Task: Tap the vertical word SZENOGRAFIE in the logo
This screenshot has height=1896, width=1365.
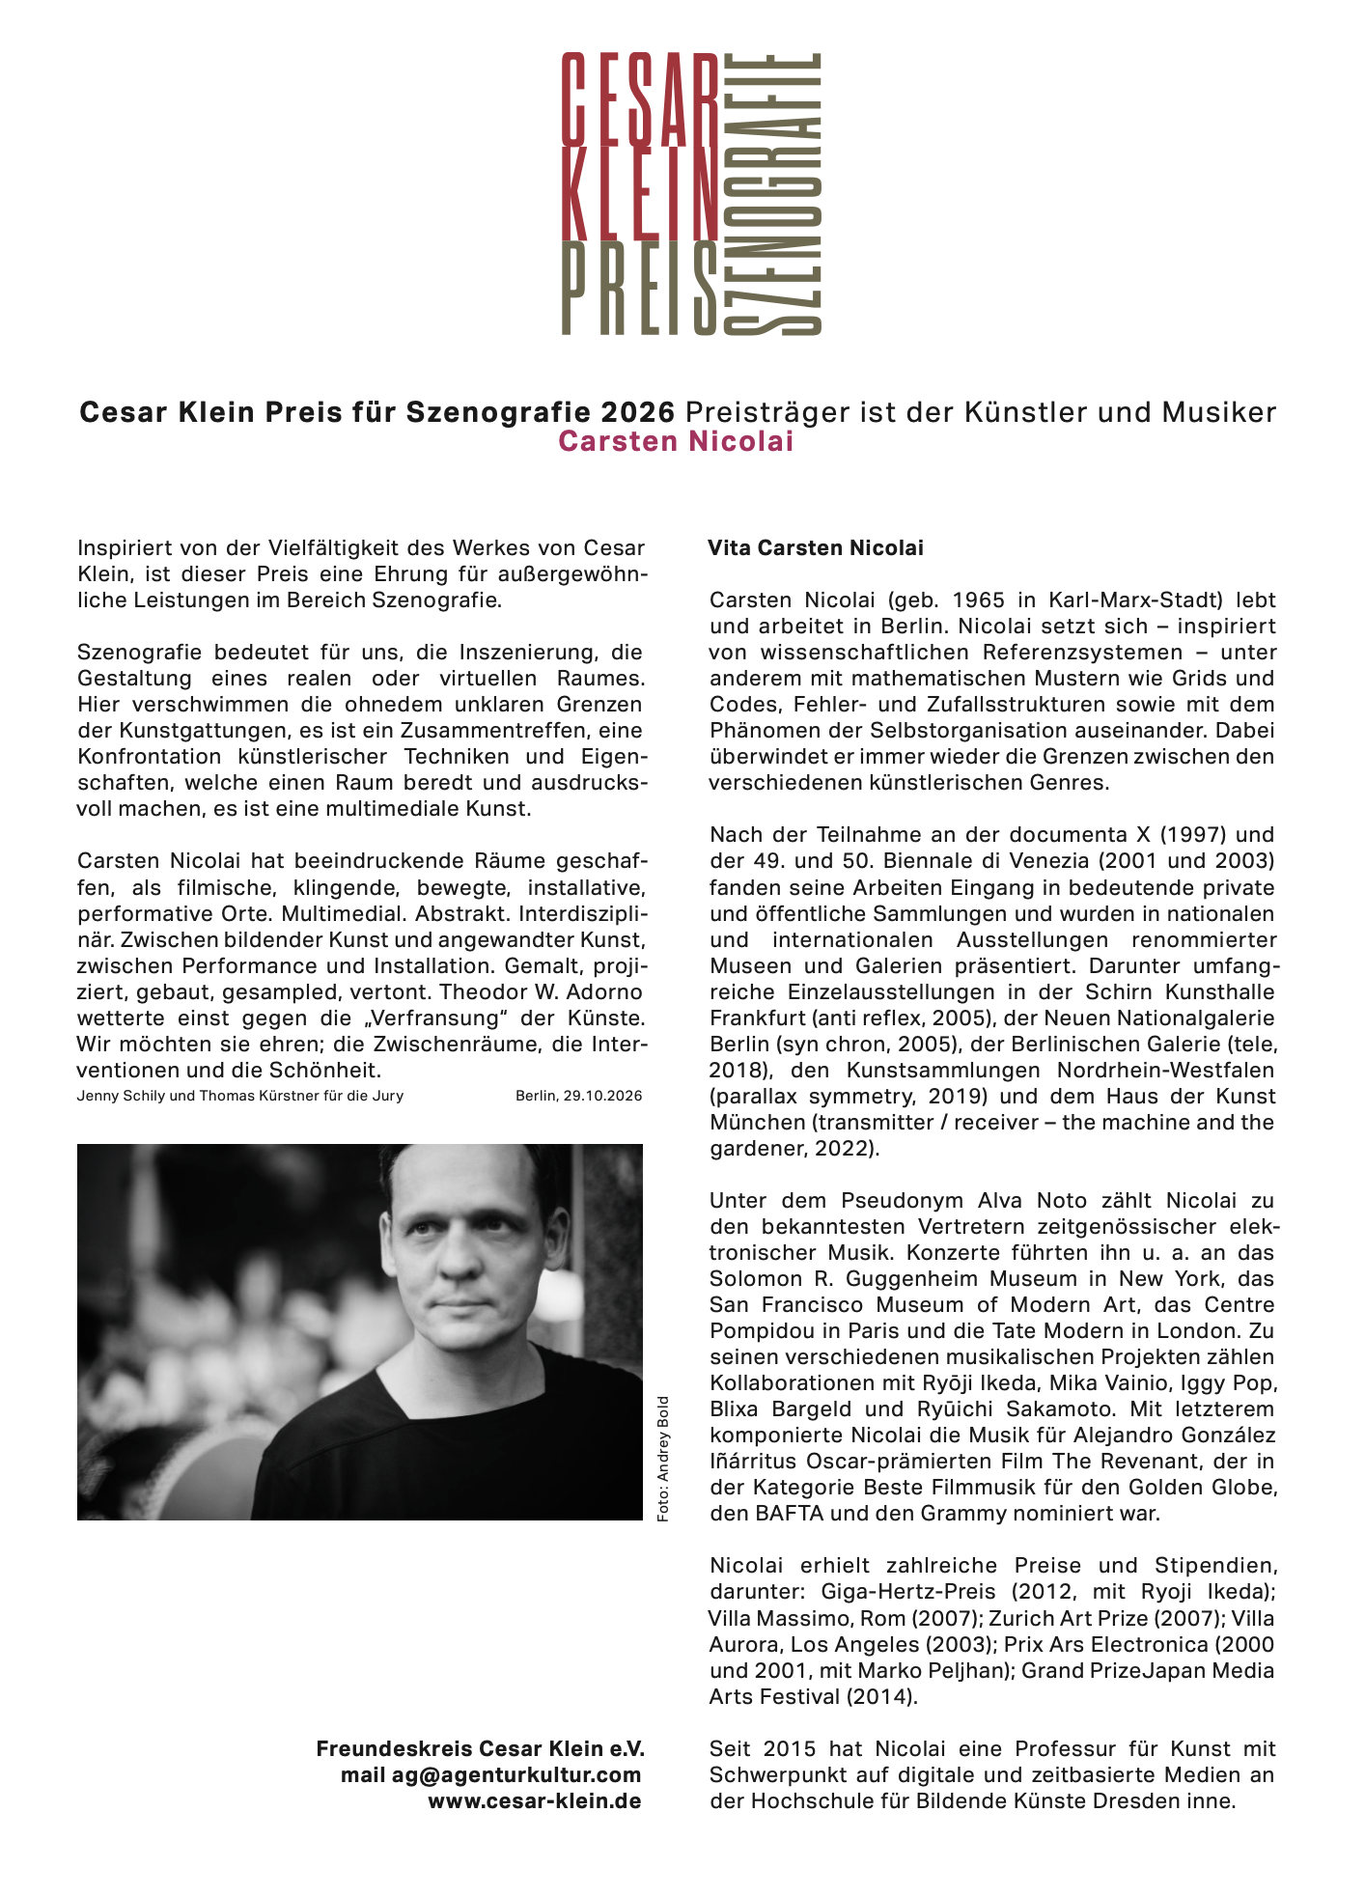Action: click(x=772, y=193)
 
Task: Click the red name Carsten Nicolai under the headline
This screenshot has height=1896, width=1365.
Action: click(x=676, y=442)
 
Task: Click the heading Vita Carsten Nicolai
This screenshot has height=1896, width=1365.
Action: click(x=816, y=548)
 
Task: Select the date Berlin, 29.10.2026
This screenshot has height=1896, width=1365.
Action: click(x=578, y=1096)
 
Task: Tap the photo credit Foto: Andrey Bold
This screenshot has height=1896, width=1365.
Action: click(x=662, y=1459)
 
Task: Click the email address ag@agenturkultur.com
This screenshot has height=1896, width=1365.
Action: click(x=516, y=1774)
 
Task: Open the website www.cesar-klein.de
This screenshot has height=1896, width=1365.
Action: click(x=535, y=1800)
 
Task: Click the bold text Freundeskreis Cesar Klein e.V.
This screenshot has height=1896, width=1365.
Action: click(x=480, y=1748)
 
